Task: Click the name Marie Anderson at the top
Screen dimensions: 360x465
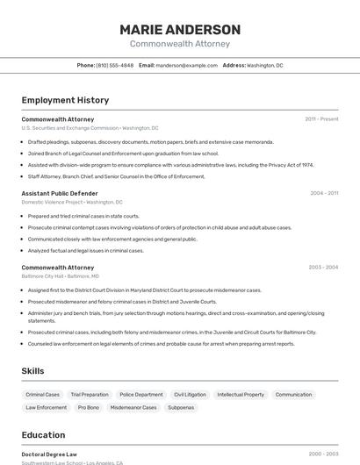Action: pyautogui.click(x=180, y=30)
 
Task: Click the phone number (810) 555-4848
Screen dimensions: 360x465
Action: pyautogui.click(x=115, y=65)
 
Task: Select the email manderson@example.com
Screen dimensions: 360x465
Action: pyautogui.click(x=186, y=65)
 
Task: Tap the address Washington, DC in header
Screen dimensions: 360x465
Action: pyautogui.click(x=264, y=65)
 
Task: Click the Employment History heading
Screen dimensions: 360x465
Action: pyautogui.click(x=65, y=100)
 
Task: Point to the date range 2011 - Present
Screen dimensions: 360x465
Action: pyautogui.click(x=321, y=118)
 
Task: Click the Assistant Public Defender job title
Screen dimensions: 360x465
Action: pyautogui.click(x=60, y=192)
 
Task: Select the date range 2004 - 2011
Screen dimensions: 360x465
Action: pyautogui.click(x=324, y=192)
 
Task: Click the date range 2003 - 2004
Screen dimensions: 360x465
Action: pyautogui.click(x=323, y=267)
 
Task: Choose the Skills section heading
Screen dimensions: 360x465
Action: pyautogui.click(x=32, y=371)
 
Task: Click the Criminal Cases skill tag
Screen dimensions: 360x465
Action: pyautogui.click(x=43, y=395)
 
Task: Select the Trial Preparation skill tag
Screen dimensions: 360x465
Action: pyautogui.click(x=90, y=395)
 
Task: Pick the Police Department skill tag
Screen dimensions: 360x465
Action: pyautogui.click(x=141, y=395)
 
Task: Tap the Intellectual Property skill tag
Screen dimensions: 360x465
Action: pyautogui.click(x=241, y=395)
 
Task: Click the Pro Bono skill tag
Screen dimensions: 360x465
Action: pyautogui.click(x=88, y=407)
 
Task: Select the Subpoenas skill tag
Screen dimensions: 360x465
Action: pyautogui.click(x=181, y=407)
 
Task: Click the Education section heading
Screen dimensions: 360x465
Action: pyautogui.click(x=43, y=435)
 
